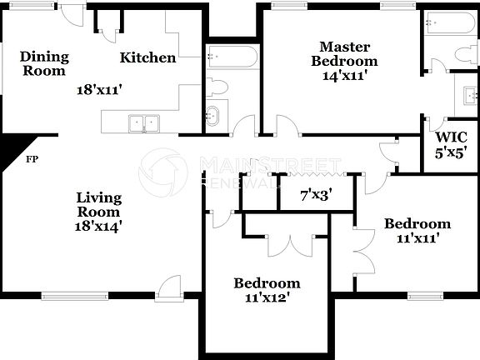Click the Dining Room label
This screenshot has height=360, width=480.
click(44, 63)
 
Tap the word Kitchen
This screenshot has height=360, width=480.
click(147, 57)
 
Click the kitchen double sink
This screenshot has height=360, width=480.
click(144, 123)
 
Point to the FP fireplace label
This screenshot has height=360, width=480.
click(32, 158)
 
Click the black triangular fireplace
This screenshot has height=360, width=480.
click(12, 149)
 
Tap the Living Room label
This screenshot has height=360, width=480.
click(98, 205)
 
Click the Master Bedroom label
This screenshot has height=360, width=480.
click(344, 53)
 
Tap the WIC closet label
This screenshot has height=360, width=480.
click(451, 137)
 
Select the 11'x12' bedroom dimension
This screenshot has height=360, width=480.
click(266, 297)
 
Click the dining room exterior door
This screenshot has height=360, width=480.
click(74, 15)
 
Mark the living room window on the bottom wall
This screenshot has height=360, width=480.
click(75, 295)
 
